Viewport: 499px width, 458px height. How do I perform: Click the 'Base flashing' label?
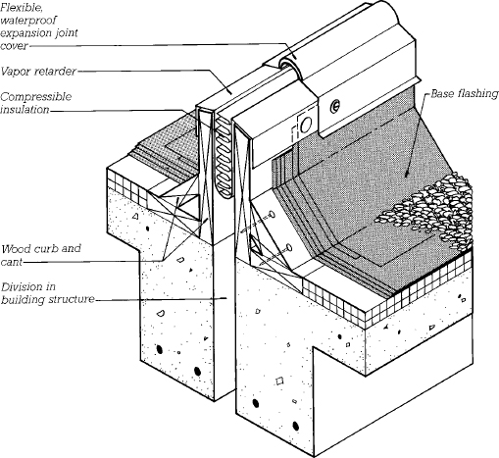[x=465, y=94]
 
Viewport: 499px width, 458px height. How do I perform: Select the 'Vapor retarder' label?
[x=38, y=72]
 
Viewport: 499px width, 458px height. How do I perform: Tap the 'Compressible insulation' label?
[x=35, y=103]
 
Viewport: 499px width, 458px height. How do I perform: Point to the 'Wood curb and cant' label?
[x=40, y=255]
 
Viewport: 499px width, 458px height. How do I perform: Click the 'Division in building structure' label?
[x=47, y=293]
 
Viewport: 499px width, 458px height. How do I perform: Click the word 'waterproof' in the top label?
[x=28, y=21]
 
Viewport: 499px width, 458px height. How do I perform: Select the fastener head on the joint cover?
[x=334, y=105]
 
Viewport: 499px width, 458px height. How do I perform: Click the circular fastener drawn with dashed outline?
[x=306, y=125]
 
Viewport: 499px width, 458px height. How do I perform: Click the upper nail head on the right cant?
[x=272, y=215]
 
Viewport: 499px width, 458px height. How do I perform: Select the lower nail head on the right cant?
[x=289, y=247]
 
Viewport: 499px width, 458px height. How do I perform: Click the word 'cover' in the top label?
[x=14, y=46]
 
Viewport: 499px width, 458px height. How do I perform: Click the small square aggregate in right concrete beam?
[x=279, y=381]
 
